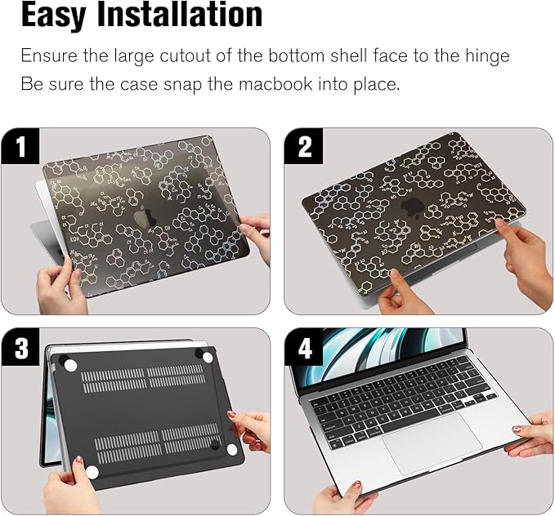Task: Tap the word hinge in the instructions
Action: pyautogui.click(x=487, y=56)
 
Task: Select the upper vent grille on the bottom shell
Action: pyautogui.click(x=144, y=379)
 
